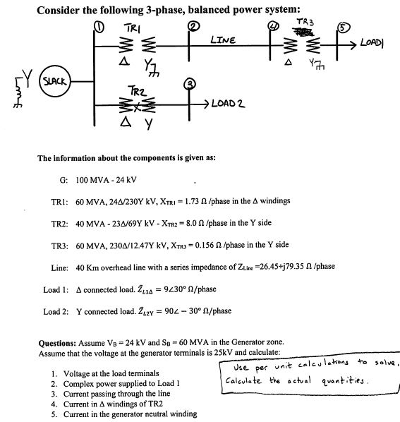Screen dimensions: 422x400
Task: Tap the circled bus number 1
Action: pos(99,28)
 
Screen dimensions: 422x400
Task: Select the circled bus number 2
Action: pos(192,27)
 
